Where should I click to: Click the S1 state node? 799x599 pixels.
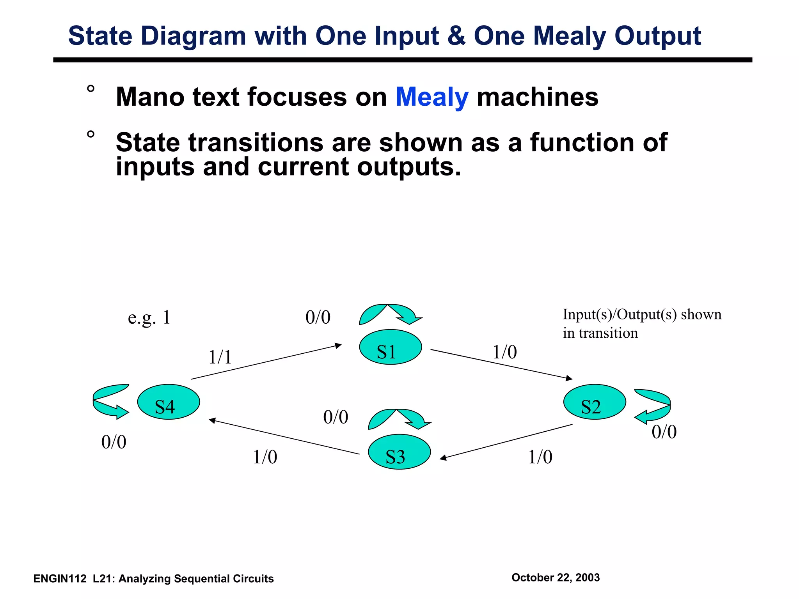point(390,347)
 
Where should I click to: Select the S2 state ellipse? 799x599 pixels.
point(595,402)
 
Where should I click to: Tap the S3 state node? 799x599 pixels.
point(399,452)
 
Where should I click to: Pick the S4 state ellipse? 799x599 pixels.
point(169,402)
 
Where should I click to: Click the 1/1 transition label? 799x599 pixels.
point(220,357)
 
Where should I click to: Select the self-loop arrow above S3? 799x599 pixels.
point(399,419)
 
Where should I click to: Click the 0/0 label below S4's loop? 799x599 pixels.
point(114,442)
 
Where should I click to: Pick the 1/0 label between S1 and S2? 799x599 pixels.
point(505,352)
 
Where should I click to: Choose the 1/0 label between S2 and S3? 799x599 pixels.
point(540,457)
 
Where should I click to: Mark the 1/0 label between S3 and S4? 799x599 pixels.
point(265,457)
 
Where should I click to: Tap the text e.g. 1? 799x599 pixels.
point(149,317)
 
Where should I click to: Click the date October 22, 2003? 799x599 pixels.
point(556,578)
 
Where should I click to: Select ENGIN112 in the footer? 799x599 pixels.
point(60,579)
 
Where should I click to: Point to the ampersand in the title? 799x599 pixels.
point(456,36)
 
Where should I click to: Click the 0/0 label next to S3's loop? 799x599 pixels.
point(336,417)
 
